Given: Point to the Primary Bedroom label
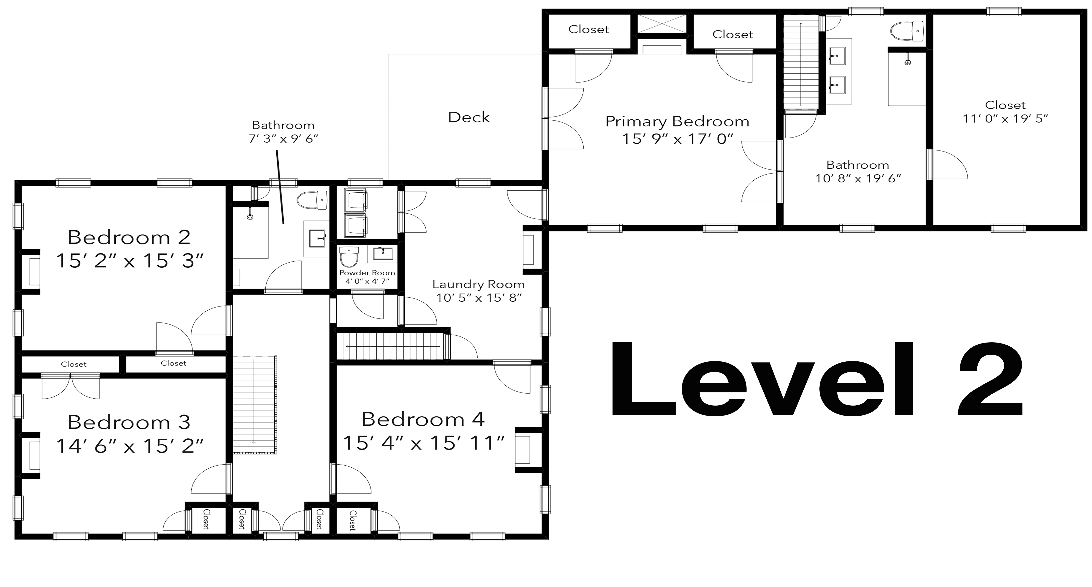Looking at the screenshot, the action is pyautogui.click(x=677, y=122).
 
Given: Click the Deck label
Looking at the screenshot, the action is pyautogui.click(x=469, y=117).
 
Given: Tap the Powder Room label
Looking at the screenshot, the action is pyautogui.click(x=367, y=273).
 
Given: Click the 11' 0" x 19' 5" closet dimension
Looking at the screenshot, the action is pyautogui.click(x=1005, y=119).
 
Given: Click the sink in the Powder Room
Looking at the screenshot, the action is pyautogui.click(x=383, y=254).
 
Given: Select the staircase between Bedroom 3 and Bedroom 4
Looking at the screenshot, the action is pyautogui.click(x=254, y=405).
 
